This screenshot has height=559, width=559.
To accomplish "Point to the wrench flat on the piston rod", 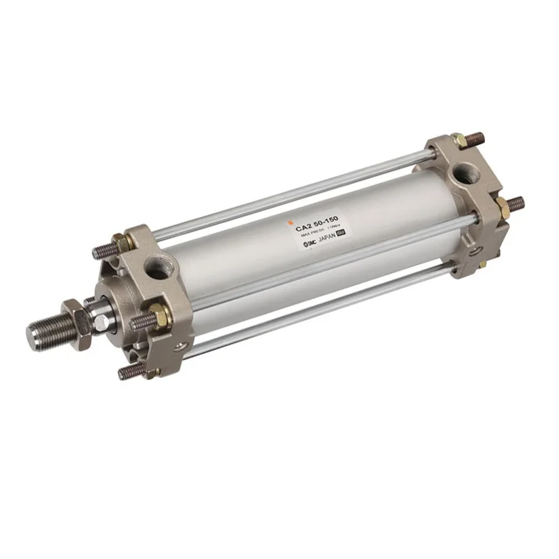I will click(x=102, y=322).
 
